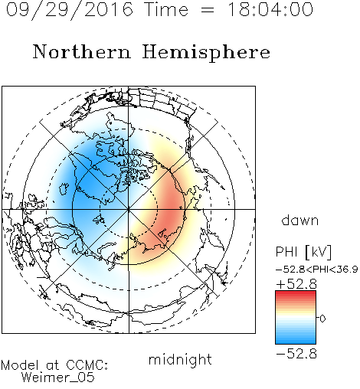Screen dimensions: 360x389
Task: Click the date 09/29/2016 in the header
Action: point(70,10)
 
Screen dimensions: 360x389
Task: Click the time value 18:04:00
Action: point(270,10)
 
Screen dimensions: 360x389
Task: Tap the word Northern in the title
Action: point(82,52)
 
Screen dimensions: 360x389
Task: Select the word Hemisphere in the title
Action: point(206,53)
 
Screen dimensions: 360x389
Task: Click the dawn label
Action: point(300,220)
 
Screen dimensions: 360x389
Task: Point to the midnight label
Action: point(180,359)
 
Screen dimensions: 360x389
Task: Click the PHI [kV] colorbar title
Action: point(303,252)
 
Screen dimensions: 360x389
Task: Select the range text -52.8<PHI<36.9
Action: point(317,270)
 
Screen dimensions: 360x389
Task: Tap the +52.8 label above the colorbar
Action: point(296,284)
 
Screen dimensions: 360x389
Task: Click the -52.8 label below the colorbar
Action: point(296,354)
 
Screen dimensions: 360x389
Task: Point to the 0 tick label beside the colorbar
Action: point(322,319)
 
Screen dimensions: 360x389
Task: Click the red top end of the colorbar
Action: point(296,293)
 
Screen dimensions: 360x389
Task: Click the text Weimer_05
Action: point(58,378)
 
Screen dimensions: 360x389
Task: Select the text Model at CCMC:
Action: point(54,365)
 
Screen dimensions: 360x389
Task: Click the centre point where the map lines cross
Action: point(129,209)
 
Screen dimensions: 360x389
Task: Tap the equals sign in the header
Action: point(207,10)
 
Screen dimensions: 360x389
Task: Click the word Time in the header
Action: point(166,10)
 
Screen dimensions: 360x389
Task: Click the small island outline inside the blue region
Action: point(64,188)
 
